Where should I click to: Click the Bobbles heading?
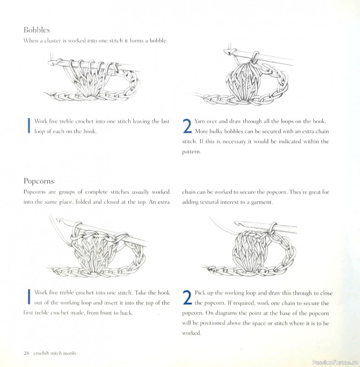pyautogui.click(x=37, y=30)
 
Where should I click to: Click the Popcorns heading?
pyautogui.click(x=39, y=181)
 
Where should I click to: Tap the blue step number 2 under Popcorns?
pyautogui.click(x=187, y=298)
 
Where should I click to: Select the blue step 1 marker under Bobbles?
pyautogui.click(x=29, y=126)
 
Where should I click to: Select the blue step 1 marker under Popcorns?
pyautogui.click(x=29, y=297)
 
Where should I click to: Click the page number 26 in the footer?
pyautogui.click(x=27, y=353)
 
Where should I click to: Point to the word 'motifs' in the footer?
pyautogui.click(x=68, y=353)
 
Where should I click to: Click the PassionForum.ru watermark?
pyautogui.click(x=334, y=362)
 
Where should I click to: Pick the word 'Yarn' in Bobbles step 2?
pyautogui.click(x=201, y=121)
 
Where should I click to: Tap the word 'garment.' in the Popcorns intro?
pyautogui.click(x=260, y=202)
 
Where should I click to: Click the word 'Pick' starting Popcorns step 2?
pyautogui.click(x=200, y=293)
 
